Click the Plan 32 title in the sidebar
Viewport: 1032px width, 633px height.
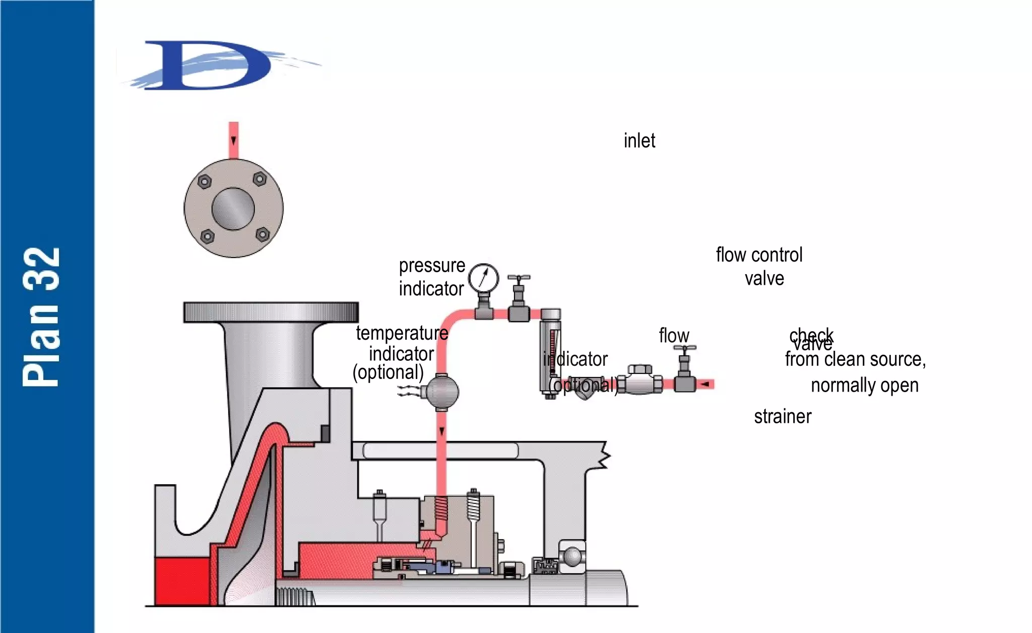click(x=41, y=317)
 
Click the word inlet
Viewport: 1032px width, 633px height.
click(x=639, y=141)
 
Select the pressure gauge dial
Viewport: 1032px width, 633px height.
click(x=483, y=278)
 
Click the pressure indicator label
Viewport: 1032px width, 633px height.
click(x=431, y=277)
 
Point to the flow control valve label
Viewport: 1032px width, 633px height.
click(x=759, y=266)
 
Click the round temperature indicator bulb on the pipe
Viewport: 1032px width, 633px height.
click(x=441, y=392)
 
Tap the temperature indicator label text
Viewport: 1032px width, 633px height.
click(x=401, y=343)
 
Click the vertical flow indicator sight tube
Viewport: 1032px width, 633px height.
click(x=550, y=353)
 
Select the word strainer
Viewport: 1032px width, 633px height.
click(x=782, y=417)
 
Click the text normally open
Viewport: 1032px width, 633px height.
click(x=864, y=385)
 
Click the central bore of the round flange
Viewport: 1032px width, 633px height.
click(x=233, y=209)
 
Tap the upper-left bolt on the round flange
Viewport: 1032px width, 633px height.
click(x=204, y=181)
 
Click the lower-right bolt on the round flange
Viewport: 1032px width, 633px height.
click(x=263, y=234)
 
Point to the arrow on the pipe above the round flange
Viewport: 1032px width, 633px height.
click(x=233, y=140)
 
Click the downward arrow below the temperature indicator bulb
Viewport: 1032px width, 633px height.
click(x=441, y=431)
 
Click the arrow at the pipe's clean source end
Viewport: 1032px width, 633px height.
click(x=705, y=385)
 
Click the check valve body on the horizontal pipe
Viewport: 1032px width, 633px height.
click(x=639, y=381)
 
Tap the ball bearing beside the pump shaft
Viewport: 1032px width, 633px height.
click(x=572, y=557)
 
